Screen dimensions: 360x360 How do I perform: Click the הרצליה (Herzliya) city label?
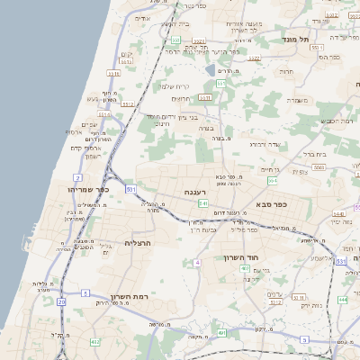point(139,243)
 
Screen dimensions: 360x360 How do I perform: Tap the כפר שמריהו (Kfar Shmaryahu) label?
point(88,190)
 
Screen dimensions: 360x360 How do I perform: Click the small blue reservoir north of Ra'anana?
point(211,69)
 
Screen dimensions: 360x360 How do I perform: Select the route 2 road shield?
point(79,178)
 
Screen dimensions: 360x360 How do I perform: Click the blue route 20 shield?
point(61,302)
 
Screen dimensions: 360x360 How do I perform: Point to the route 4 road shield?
point(196,263)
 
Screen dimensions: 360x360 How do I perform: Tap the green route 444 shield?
point(342,299)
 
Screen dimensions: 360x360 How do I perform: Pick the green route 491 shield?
point(221,332)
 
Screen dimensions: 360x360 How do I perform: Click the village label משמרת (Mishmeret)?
point(298,100)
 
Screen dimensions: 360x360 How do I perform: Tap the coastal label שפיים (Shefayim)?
point(89,124)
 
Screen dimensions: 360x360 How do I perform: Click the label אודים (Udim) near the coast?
point(142,18)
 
